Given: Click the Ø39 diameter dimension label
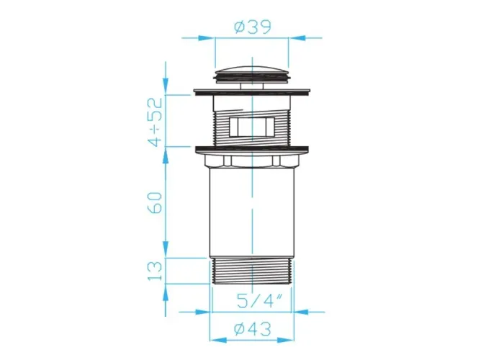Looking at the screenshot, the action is [253, 27].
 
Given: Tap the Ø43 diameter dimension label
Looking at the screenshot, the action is [253, 329].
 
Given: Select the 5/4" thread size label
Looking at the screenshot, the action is [259, 301].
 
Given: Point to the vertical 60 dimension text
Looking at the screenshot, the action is [155, 202].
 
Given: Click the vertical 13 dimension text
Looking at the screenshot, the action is [155, 270].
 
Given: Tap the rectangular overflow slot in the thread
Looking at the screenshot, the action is [252, 127].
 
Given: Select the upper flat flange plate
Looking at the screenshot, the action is [252, 92].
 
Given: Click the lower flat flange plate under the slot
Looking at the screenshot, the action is [252, 150].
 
